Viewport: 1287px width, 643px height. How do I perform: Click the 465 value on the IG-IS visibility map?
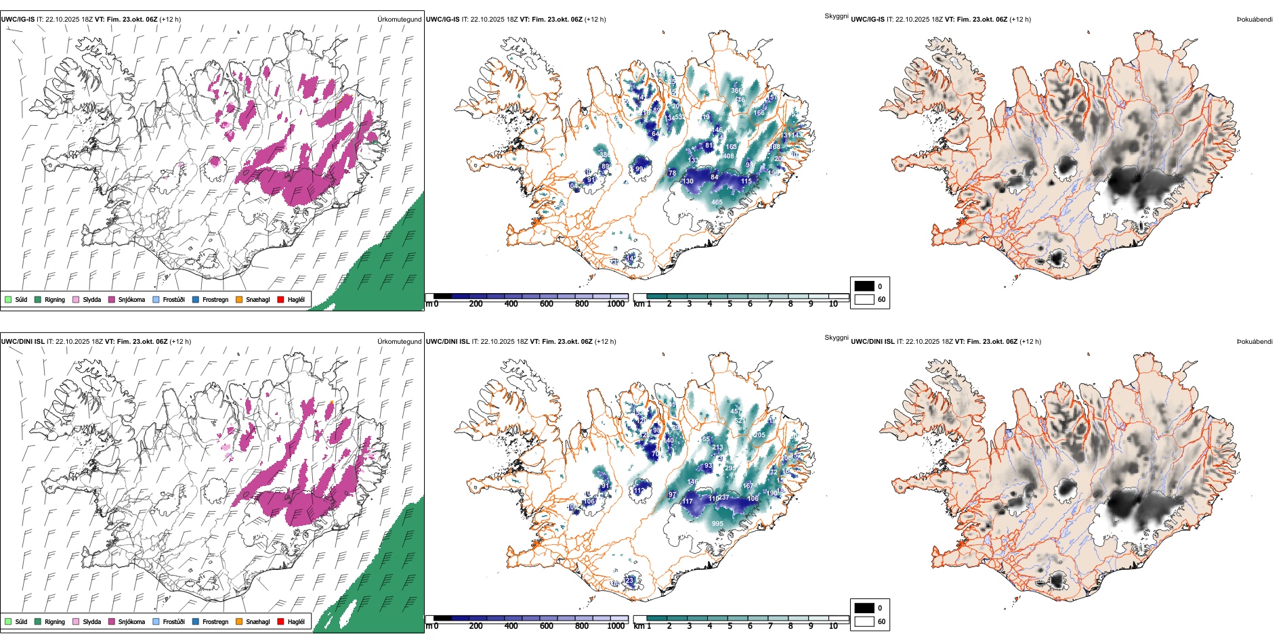pyautogui.click(x=717, y=202)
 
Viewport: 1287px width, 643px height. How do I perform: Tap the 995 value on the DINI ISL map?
pyautogui.click(x=717, y=524)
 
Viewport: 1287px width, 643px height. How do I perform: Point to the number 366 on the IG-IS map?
pyautogui.click(x=736, y=91)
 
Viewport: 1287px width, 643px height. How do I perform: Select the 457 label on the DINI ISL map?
pyautogui.click(x=736, y=412)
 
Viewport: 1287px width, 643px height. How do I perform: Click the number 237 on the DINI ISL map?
pyautogui.click(x=723, y=497)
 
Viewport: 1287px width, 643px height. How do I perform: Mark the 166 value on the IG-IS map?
pyautogui.click(x=759, y=113)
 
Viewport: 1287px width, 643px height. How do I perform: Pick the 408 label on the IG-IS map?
pyautogui.click(x=728, y=156)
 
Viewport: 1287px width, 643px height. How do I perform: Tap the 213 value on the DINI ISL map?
pyautogui.click(x=718, y=447)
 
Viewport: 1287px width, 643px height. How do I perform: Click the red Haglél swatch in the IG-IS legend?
pyautogui.click(x=280, y=299)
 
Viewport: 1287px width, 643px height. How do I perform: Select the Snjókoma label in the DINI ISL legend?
pyautogui.click(x=131, y=621)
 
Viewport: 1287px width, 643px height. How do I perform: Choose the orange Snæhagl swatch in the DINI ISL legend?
pyautogui.click(x=239, y=621)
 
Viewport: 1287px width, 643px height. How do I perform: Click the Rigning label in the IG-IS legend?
pyautogui.click(x=55, y=299)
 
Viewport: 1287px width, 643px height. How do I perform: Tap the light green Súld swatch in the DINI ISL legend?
pyautogui.click(x=8, y=621)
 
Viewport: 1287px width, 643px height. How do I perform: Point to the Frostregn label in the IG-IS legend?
pyautogui.click(x=215, y=299)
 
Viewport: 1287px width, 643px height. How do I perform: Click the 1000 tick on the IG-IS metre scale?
pyautogui.click(x=616, y=304)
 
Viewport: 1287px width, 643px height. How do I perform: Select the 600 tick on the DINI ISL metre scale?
pyautogui.click(x=547, y=626)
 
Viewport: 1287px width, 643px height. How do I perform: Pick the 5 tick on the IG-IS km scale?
pyautogui.click(x=730, y=304)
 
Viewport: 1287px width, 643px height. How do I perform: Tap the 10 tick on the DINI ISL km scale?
pyautogui.click(x=833, y=626)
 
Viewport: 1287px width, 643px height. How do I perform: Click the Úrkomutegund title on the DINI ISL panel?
pyautogui.click(x=399, y=341)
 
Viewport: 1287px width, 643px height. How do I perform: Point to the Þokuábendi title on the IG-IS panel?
pyautogui.click(x=1254, y=20)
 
